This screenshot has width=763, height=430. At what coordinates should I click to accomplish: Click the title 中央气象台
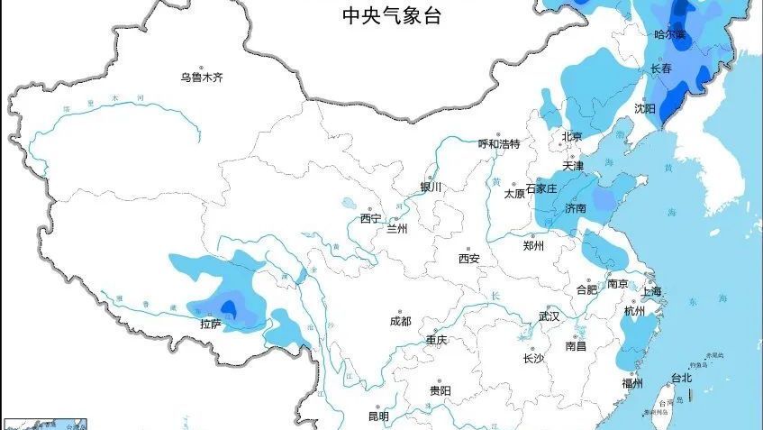[391, 15]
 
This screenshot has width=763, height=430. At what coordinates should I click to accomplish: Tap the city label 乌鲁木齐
[202, 78]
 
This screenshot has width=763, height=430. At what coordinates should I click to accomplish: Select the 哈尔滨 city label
[669, 35]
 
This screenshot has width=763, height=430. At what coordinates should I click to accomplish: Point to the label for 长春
[661, 69]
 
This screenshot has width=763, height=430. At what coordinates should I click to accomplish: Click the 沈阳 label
[644, 108]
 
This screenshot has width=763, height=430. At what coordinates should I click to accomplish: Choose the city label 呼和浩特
[498, 144]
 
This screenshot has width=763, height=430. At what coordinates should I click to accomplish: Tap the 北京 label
[572, 137]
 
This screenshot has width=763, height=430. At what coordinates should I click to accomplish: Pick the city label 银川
[431, 188]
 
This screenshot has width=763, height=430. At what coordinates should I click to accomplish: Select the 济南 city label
[576, 209]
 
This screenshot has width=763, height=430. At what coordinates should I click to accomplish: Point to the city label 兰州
[397, 229]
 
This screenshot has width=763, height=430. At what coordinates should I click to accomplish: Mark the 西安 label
[468, 259]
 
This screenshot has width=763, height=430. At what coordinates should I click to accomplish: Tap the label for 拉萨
[211, 323]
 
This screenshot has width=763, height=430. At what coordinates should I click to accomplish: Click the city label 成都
[400, 321]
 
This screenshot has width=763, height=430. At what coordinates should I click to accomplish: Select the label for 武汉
[549, 316]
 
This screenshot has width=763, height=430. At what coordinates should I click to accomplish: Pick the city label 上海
[651, 291]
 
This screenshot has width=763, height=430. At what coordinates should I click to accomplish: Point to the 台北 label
[681, 379]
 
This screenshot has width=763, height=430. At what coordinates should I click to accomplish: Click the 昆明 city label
[377, 416]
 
